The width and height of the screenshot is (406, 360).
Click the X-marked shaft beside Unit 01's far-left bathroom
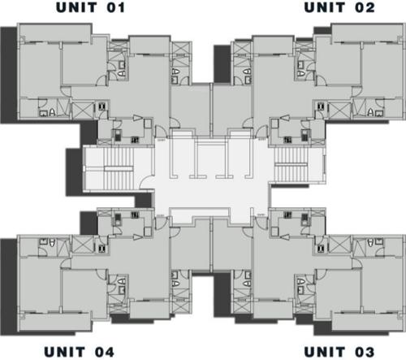click(x=83, y=108)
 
